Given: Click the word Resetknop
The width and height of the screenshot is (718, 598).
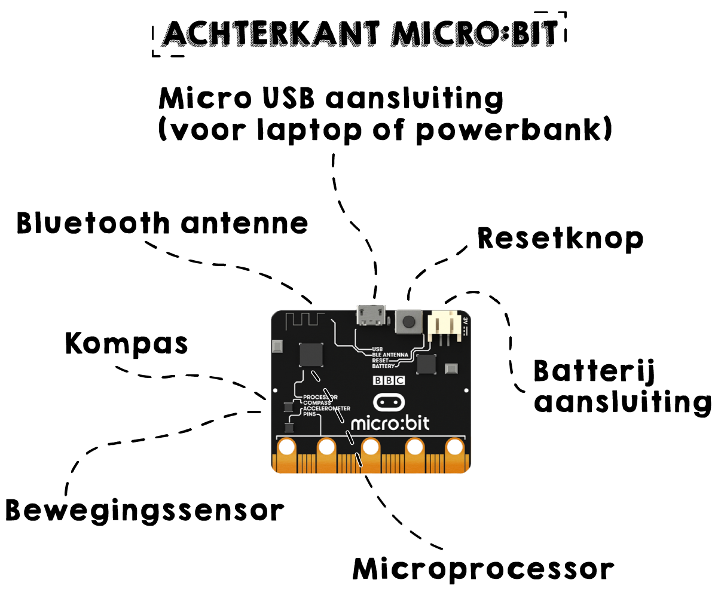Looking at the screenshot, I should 560,239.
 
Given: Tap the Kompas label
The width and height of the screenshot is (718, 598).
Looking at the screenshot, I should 126,345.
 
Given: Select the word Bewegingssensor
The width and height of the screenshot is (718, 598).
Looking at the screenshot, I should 143,511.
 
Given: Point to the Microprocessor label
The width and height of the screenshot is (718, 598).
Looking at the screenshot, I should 483,569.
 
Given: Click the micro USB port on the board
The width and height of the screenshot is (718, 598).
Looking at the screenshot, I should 371,316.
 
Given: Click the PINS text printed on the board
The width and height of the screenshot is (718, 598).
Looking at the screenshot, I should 310,414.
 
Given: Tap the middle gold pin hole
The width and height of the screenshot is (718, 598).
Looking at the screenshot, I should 371,447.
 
